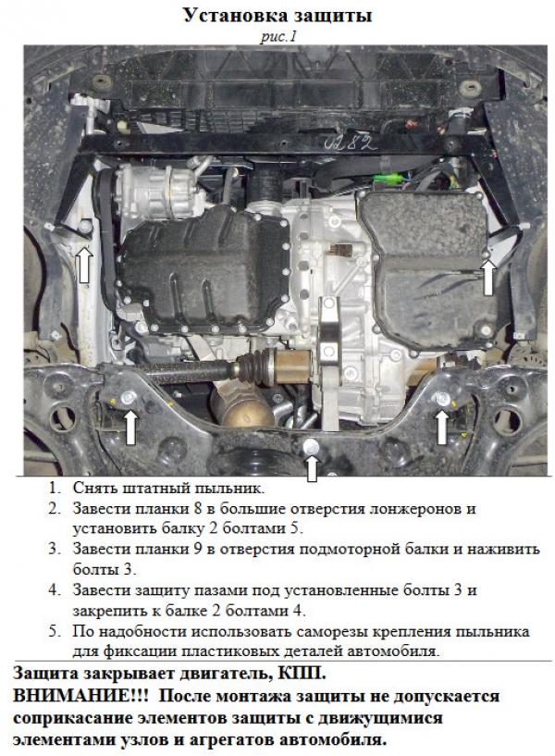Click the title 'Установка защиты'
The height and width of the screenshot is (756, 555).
pos(278,16)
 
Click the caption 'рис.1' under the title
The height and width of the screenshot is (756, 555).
pos(277,36)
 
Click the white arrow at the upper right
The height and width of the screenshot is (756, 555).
pos(488,277)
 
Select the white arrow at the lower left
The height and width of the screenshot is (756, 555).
pos(130,427)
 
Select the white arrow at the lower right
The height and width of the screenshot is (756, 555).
pos(442,428)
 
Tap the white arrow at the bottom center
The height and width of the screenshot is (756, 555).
pos(313,468)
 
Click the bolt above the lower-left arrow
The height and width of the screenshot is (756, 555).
pos(129,398)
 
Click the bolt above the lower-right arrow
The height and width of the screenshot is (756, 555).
pos(441,399)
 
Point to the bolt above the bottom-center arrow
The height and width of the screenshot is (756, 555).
pos(312,446)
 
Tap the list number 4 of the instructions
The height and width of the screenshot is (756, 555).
pos(55,590)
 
